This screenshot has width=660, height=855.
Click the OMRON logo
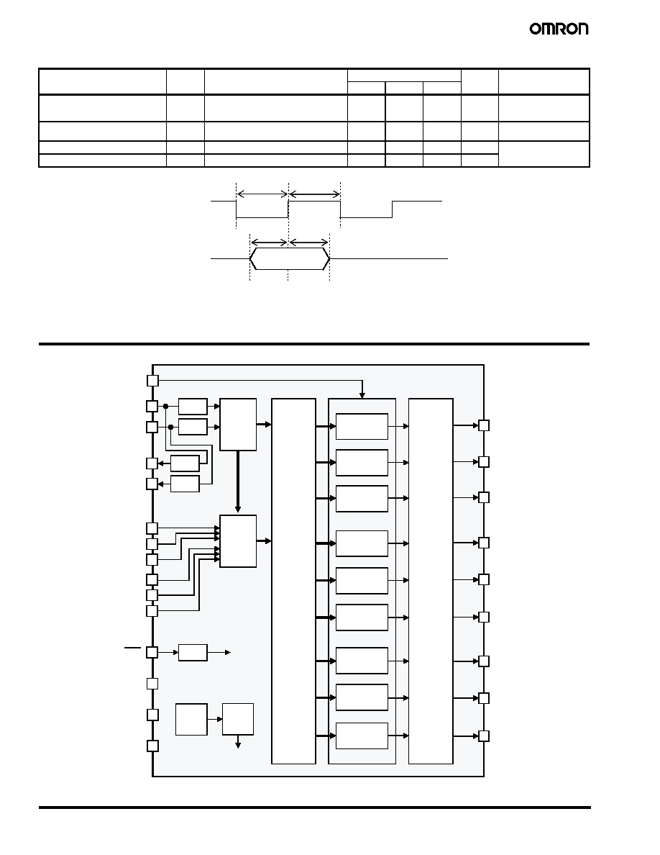tap(559, 29)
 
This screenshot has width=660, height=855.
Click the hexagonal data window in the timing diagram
tap(290, 259)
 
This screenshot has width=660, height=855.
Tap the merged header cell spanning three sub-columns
tap(404, 76)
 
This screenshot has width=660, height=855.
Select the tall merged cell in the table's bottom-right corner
tap(544, 154)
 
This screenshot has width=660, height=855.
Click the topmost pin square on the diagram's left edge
tap(153, 381)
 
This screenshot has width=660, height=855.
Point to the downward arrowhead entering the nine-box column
tap(362, 395)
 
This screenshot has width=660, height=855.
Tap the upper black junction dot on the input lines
tap(165, 406)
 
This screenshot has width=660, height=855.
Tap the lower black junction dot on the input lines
tap(171, 427)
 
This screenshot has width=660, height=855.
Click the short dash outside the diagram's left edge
tap(132, 647)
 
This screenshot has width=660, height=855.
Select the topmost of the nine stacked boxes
tap(362, 426)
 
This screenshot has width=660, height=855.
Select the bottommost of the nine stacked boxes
tap(362, 736)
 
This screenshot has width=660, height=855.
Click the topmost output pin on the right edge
tap(484, 425)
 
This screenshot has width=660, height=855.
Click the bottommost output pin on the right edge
tap(484, 736)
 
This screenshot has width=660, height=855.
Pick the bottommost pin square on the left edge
tap(153, 746)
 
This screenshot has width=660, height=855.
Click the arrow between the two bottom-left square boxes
tap(215, 719)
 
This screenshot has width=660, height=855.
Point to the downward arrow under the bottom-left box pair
tap(238, 741)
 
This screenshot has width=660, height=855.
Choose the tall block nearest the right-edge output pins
tap(431, 582)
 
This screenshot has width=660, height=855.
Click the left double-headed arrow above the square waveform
tap(262, 194)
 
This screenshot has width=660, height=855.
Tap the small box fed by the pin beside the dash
tap(193, 652)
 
